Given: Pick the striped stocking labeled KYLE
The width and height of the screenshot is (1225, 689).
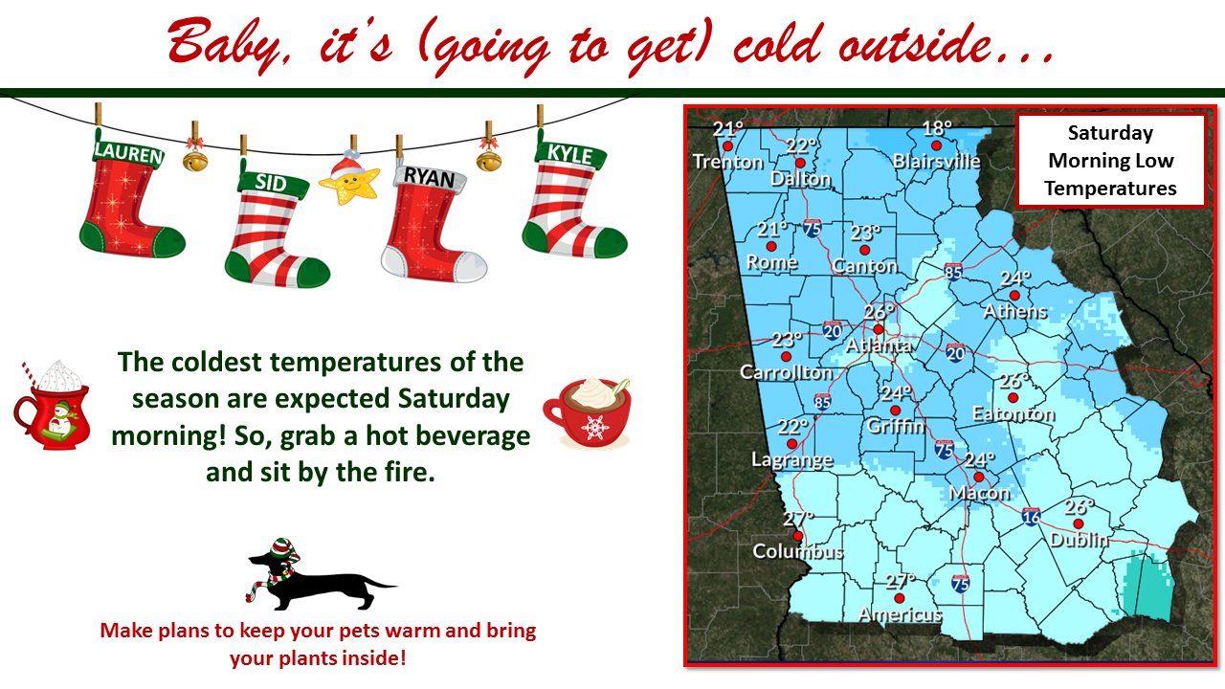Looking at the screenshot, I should tap(571, 201).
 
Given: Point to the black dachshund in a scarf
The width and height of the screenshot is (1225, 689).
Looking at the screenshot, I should tap(316, 574).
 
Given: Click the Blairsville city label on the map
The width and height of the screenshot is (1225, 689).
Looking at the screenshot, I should tap(936, 162).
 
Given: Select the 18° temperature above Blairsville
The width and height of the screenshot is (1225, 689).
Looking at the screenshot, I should tap(936, 128).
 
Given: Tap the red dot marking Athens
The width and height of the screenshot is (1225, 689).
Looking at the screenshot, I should tap(1014, 295).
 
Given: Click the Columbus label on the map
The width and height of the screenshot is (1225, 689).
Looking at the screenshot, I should tap(797, 552).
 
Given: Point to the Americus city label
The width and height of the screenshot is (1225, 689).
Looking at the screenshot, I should tap(900, 614).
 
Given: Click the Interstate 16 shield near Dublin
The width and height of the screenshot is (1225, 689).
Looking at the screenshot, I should tap(1031, 518).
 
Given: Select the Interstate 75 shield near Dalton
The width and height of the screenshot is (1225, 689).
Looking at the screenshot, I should tap(812, 228).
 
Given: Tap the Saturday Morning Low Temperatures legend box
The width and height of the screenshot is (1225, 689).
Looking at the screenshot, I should tap(1110, 160).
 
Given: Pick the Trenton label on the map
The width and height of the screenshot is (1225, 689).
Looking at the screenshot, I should tap(728, 163).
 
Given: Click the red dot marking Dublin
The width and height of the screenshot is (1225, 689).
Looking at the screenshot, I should tap(1069, 522).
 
